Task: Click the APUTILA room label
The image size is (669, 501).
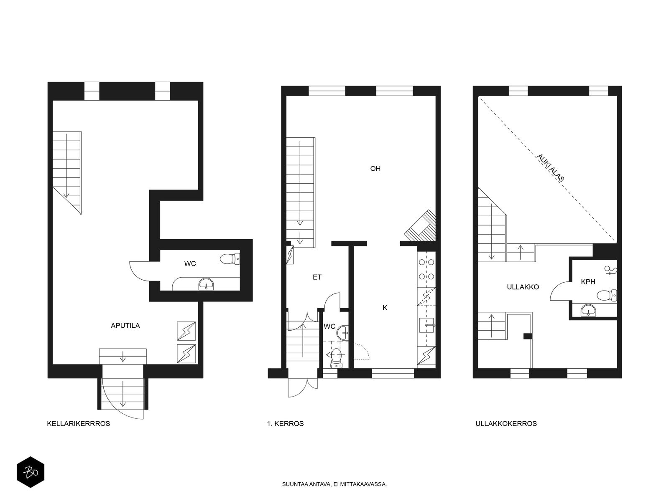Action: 125,326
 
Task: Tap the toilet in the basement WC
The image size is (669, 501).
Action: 230,259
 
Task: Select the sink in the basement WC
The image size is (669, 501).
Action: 206,284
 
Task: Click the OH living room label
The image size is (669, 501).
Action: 375,169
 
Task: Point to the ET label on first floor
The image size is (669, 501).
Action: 317,277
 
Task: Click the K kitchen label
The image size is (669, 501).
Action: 385,308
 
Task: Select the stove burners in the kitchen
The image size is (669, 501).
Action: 426,269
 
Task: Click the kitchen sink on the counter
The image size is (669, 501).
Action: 427,325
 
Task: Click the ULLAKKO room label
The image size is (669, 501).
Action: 523,287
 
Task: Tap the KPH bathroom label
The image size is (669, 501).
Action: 588,282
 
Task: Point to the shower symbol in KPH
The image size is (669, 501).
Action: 610,270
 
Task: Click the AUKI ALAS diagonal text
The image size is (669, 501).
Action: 550,168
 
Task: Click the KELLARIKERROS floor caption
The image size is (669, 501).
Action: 78,423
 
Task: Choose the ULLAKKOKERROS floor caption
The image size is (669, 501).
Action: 506,423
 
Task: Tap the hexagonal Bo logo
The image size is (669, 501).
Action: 31,472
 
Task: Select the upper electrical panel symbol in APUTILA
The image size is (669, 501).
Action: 186,331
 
